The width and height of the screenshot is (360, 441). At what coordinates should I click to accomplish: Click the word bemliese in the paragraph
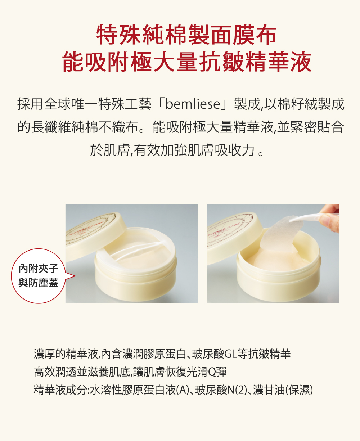pyautogui.click(x=193, y=104)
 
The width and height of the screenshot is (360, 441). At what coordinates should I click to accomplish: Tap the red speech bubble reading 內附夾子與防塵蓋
pyautogui.click(x=39, y=276)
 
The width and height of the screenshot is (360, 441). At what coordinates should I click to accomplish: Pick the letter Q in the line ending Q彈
pyautogui.click(x=212, y=372)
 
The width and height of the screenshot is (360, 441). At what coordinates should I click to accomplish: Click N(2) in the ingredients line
pyautogui.click(x=236, y=390)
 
